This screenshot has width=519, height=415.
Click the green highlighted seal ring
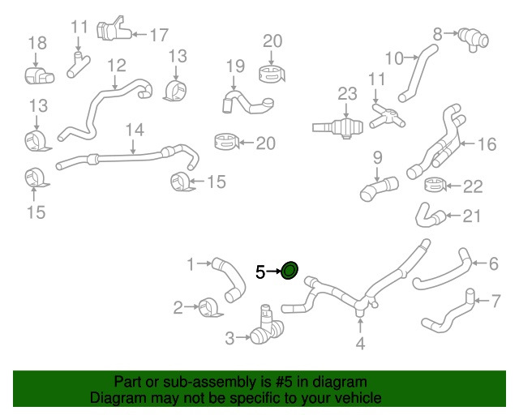click(290, 270)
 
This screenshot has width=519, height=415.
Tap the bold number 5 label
click(260, 272)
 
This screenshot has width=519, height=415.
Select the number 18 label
click(37, 43)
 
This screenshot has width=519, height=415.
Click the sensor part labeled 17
click(114, 29)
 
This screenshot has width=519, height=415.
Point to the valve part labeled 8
click(474, 39)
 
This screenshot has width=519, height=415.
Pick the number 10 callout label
click(395, 58)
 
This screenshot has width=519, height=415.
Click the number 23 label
click(347, 94)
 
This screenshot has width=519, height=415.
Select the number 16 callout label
click(487, 144)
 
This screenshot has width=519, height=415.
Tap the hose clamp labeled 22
click(435, 185)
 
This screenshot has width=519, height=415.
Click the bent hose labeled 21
click(430, 216)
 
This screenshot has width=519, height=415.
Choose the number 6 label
click(494, 263)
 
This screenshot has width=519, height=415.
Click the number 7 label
click(495, 302)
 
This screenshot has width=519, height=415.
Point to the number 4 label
click(360, 344)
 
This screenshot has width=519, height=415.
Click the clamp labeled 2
click(210, 307)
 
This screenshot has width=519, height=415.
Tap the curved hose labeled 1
click(231, 278)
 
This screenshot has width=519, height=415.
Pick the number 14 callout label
click(135, 130)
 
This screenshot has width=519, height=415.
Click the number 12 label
click(117, 66)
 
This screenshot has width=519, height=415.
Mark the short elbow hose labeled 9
click(379, 188)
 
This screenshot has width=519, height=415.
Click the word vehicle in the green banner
click(358, 397)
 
